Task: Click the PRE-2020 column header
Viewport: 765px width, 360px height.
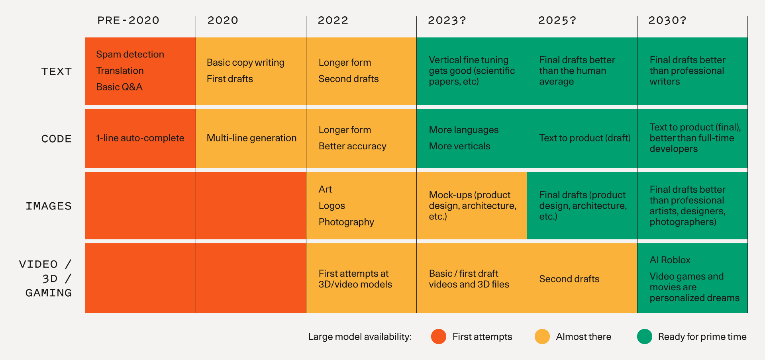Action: [128, 20]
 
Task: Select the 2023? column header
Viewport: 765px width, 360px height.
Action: [447, 20]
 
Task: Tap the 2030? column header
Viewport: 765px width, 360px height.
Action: [667, 20]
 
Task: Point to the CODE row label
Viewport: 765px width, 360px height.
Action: [57, 139]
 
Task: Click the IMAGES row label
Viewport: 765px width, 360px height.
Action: [49, 206]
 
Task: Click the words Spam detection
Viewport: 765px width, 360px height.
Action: [130, 54]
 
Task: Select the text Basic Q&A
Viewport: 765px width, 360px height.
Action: [119, 87]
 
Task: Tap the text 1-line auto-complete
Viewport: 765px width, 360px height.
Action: [140, 138]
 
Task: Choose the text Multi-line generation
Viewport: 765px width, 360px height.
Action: [251, 138]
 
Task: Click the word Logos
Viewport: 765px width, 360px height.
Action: [331, 206]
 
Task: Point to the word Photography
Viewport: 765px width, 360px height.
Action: [346, 222]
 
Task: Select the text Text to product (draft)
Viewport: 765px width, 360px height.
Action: [585, 138]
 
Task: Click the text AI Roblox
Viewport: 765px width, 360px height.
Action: [670, 260]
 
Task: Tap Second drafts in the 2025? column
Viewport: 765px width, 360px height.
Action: [569, 279]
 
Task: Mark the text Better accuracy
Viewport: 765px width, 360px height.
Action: [352, 146]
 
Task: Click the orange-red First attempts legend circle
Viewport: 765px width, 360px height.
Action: [438, 337]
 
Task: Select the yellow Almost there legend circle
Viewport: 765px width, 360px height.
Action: [542, 337]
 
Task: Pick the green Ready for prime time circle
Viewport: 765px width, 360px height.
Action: [644, 337]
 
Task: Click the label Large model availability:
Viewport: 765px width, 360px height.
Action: [360, 337]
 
